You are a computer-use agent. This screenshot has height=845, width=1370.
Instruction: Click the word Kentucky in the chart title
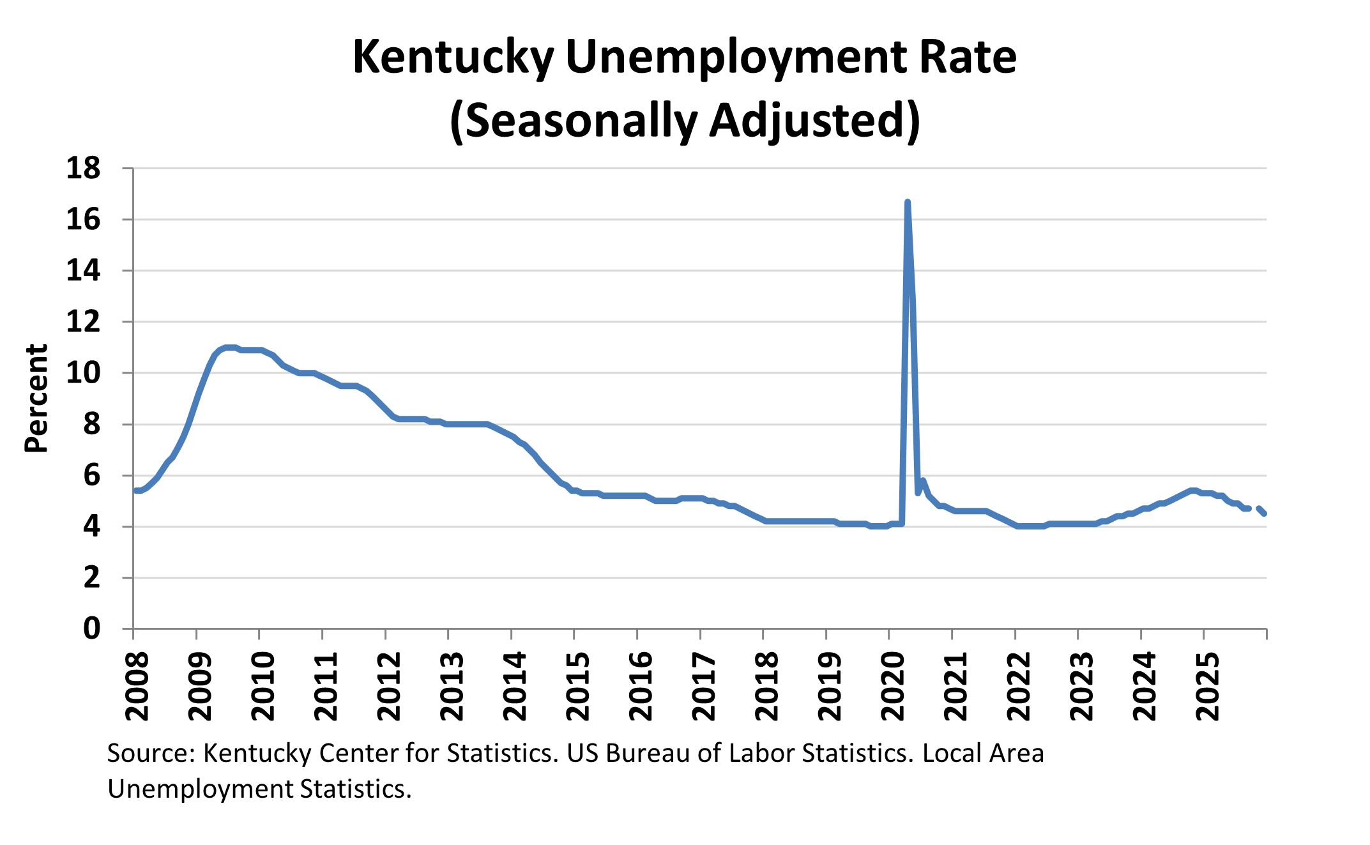453,57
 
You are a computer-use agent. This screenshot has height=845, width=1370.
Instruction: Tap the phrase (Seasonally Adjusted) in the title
685,120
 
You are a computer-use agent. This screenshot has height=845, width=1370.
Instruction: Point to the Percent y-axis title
36,399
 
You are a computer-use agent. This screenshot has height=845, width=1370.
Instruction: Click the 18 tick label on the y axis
84,168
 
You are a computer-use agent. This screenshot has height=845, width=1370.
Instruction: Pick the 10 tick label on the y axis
84,373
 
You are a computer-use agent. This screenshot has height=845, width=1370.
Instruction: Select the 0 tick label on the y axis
91,628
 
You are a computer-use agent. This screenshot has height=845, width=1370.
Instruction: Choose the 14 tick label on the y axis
84,271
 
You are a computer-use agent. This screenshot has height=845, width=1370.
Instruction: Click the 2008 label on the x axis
137,686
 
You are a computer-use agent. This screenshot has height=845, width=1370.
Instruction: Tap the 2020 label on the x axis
892,686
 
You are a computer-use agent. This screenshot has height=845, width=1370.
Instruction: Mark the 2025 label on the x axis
1207,686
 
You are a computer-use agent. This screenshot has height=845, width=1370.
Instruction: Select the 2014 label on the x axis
515,686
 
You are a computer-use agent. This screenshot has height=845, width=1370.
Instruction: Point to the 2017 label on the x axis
704,686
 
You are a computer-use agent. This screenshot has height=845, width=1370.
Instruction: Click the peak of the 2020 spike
908,203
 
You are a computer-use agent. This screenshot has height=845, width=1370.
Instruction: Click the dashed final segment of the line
1261,510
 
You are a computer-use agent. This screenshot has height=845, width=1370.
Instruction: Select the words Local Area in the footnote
983,754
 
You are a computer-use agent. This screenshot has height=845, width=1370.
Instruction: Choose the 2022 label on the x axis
1018,686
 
